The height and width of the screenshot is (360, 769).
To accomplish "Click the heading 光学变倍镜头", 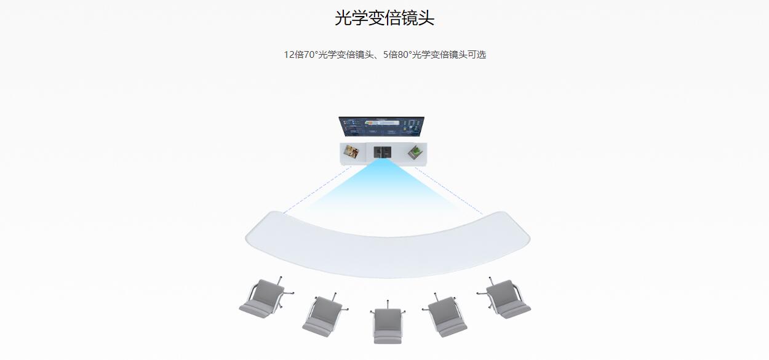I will pos(384,18).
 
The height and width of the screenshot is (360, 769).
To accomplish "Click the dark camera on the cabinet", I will pos(382,151).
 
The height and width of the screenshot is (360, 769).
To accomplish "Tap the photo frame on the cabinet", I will pos(352,151).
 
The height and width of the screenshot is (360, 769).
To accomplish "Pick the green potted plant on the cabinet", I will pos(416,151).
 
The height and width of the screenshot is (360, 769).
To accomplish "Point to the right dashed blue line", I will pos(449,190).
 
